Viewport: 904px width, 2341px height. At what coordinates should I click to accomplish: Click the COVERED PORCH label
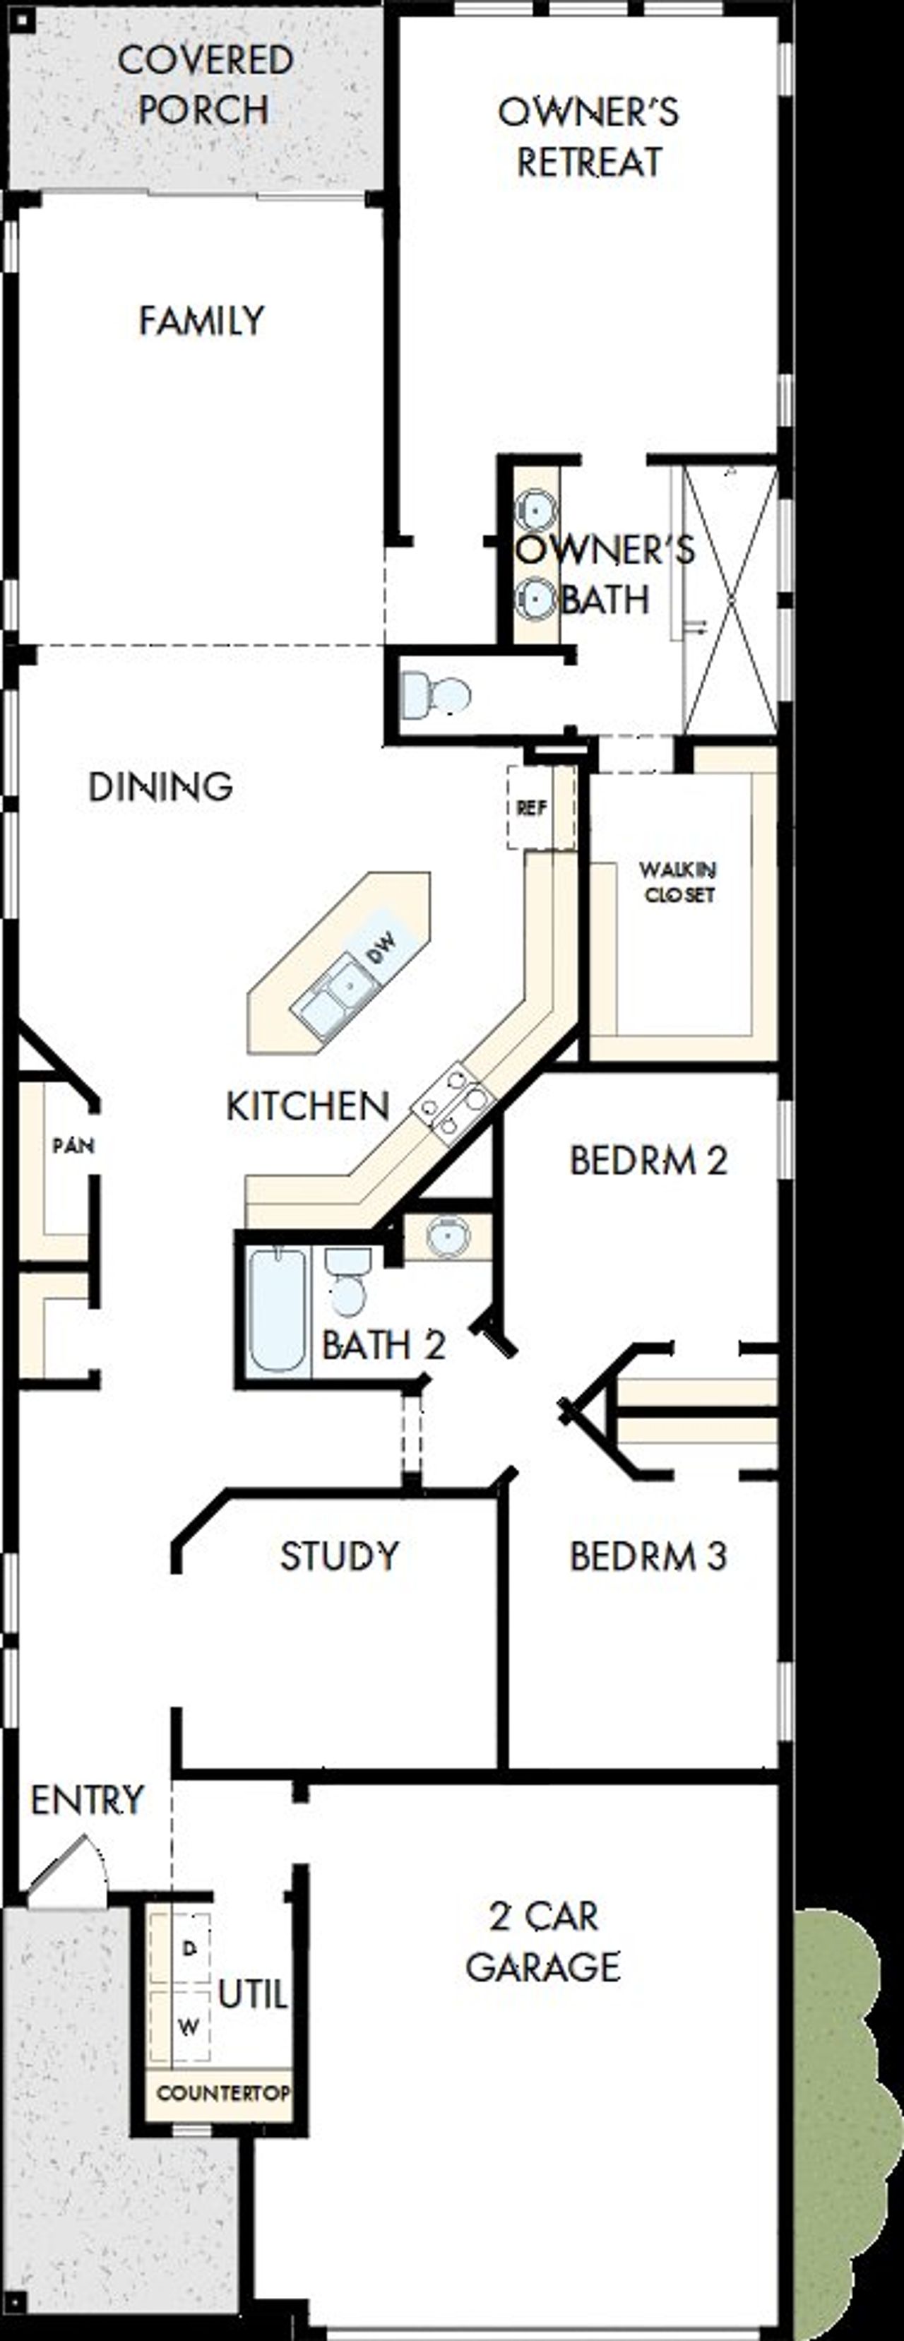(204, 85)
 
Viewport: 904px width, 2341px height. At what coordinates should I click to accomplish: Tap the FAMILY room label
(201, 321)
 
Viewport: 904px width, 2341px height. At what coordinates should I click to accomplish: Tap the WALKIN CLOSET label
(678, 882)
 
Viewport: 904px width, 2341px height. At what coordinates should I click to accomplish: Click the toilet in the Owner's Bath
(436, 695)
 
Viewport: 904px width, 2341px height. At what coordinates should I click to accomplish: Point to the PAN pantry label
(73, 1146)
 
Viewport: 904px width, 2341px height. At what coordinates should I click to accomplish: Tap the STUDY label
(339, 1555)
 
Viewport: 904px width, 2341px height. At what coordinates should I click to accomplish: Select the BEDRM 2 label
(648, 1161)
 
